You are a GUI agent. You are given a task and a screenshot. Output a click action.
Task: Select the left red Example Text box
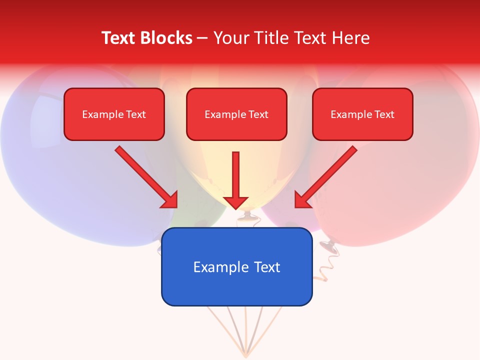tap(114, 114)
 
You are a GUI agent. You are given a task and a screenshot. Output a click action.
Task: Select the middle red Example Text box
tap(236, 114)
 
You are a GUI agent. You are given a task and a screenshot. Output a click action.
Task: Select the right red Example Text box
tap(362, 114)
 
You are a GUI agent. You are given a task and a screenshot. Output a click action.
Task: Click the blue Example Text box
tap(236, 267)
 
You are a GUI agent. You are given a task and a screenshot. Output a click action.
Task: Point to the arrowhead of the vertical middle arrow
tap(236, 202)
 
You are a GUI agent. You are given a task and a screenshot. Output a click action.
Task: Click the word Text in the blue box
tap(267, 267)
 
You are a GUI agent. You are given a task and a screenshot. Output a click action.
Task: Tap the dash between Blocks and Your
tap(202, 38)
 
